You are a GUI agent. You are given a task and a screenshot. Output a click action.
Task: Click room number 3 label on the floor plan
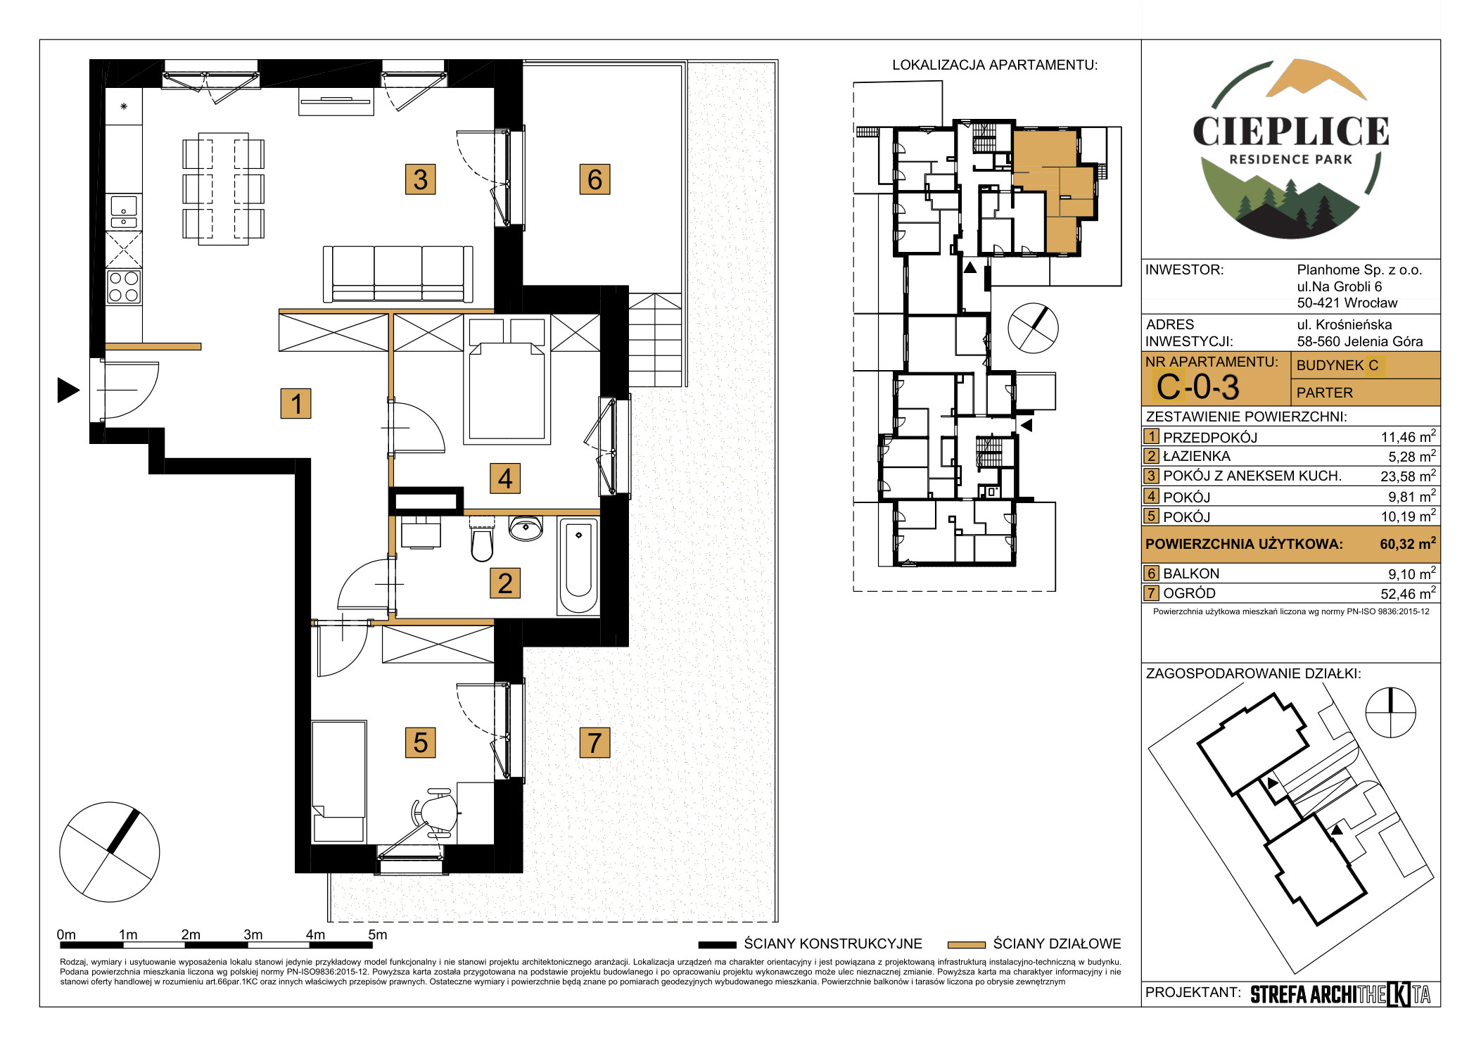[x=420, y=179]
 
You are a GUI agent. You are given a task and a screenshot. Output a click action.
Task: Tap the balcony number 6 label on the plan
[x=595, y=179]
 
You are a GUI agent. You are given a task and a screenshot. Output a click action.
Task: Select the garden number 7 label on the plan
[x=595, y=742]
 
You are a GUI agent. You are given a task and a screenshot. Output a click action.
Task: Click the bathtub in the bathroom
[x=578, y=567]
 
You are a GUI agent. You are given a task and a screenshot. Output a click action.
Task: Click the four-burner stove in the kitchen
[x=124, y=286]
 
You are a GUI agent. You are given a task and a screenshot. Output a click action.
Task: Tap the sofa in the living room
[x=398, y=274]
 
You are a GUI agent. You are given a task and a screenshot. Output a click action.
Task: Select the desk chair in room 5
[x=432, y=813]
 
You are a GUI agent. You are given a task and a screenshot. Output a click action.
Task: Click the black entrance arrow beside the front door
[x=68, y=390]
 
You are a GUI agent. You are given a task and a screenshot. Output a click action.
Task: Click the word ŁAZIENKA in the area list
[x=1197, y=456]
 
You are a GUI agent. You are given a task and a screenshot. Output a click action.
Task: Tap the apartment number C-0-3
[x=1197, y=387]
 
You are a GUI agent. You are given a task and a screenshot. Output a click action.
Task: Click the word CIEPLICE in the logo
[x=1291, y=132]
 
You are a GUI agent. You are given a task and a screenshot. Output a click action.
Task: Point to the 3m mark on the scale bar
[x=253, y=934]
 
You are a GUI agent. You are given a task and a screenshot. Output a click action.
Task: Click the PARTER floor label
[x=1324, y=393]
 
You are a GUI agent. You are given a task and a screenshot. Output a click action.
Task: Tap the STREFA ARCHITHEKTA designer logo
[x=1340, y=994]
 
